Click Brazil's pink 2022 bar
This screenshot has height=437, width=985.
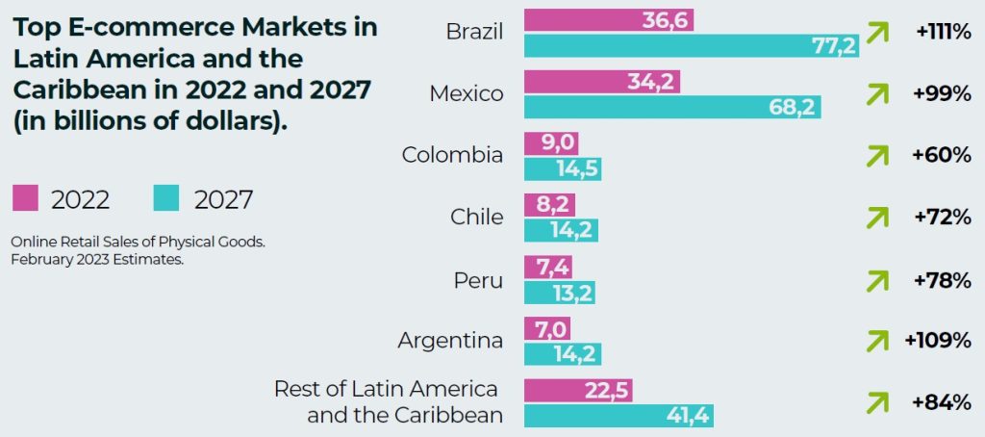pos(608,19)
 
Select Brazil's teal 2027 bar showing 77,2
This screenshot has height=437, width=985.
pos(691,44)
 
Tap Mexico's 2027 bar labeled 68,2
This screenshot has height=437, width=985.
pos(672,107)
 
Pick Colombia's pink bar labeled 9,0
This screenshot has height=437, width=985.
pos(551,143)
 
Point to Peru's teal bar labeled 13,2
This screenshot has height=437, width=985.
pos(559,293)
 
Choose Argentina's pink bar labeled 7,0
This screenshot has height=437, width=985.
pos(547,329)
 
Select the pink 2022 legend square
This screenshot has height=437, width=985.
pos(25,198)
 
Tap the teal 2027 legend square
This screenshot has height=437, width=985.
pos(166,198)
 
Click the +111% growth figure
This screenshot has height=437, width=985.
pos(943,32)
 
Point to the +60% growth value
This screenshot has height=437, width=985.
pos(943,155)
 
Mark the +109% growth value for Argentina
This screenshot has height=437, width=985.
pos(937,341)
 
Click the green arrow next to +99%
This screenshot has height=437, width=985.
pos(876,94)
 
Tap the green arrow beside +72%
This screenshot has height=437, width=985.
pos(876,218)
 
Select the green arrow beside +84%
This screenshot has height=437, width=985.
pos(876,402)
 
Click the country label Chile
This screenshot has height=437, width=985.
pos(476,217)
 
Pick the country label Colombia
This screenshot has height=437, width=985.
pos(452,154)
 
